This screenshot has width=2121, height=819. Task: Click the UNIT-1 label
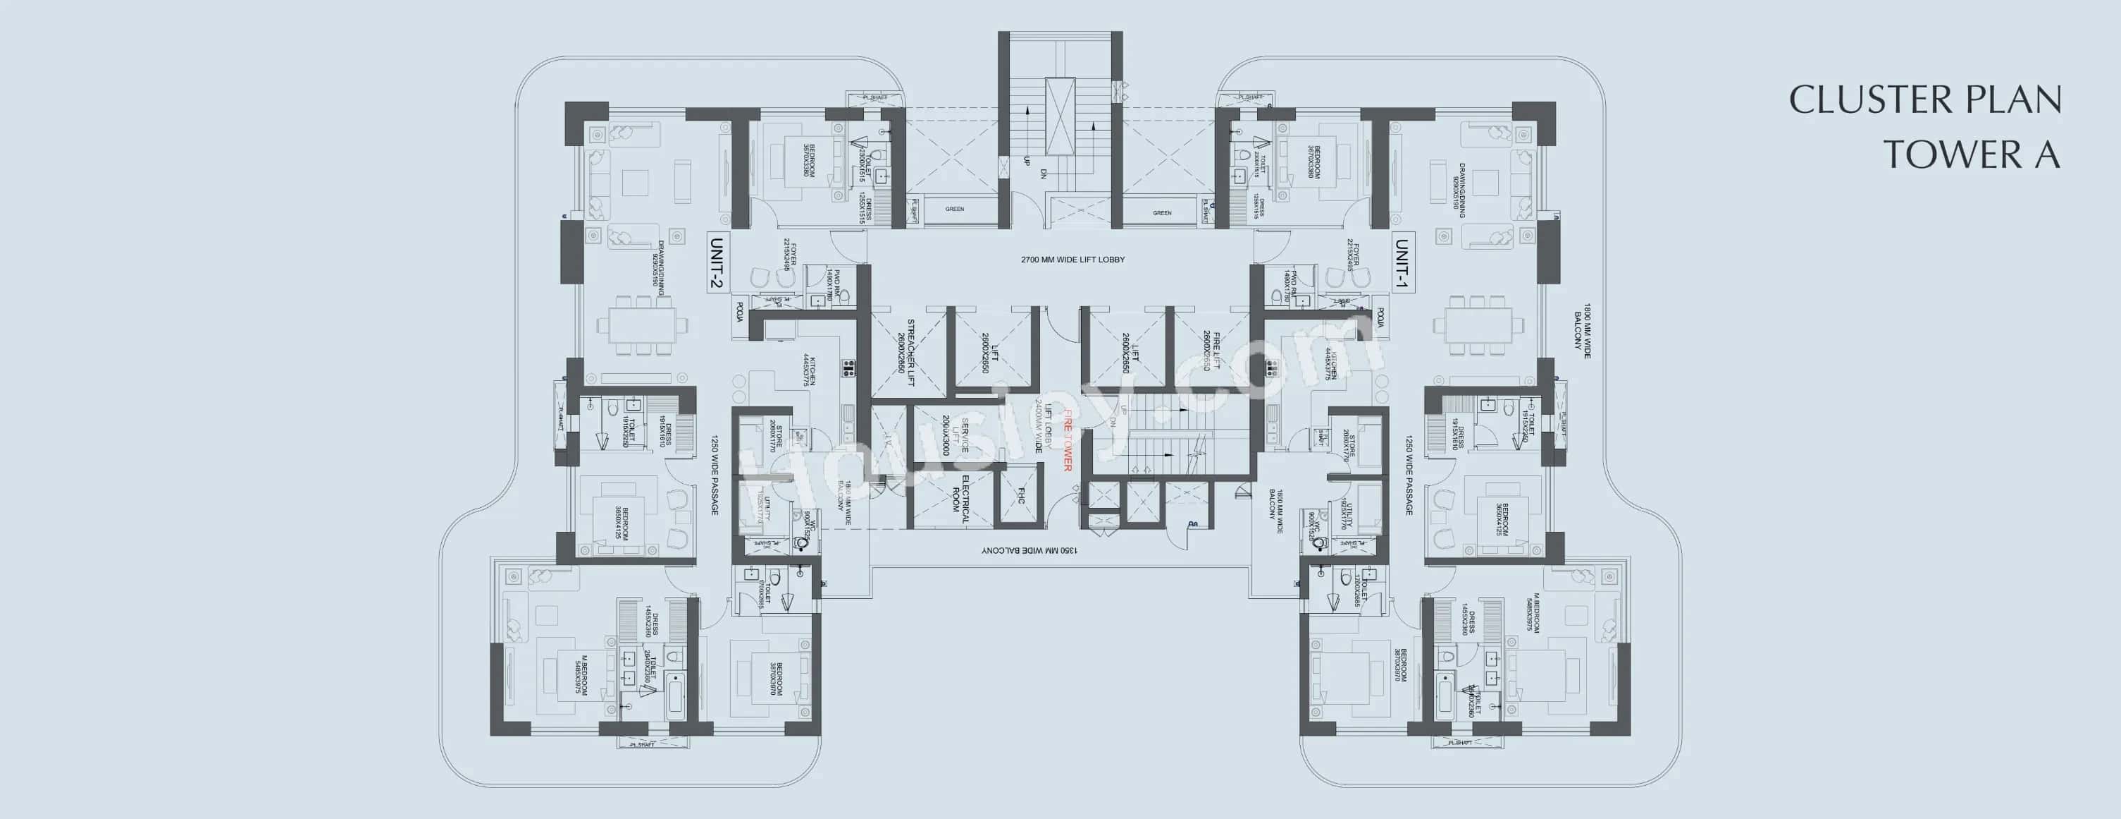coord(1402,263)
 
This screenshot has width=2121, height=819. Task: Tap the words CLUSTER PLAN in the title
coord(1924,100)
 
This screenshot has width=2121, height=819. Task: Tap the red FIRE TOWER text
coord(1067,440)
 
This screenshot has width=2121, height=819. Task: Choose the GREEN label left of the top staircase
coord(954,210)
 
